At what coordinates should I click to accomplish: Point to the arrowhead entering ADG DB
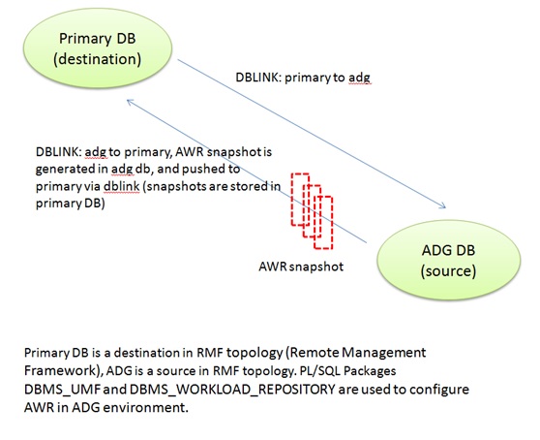pos(443,206)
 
